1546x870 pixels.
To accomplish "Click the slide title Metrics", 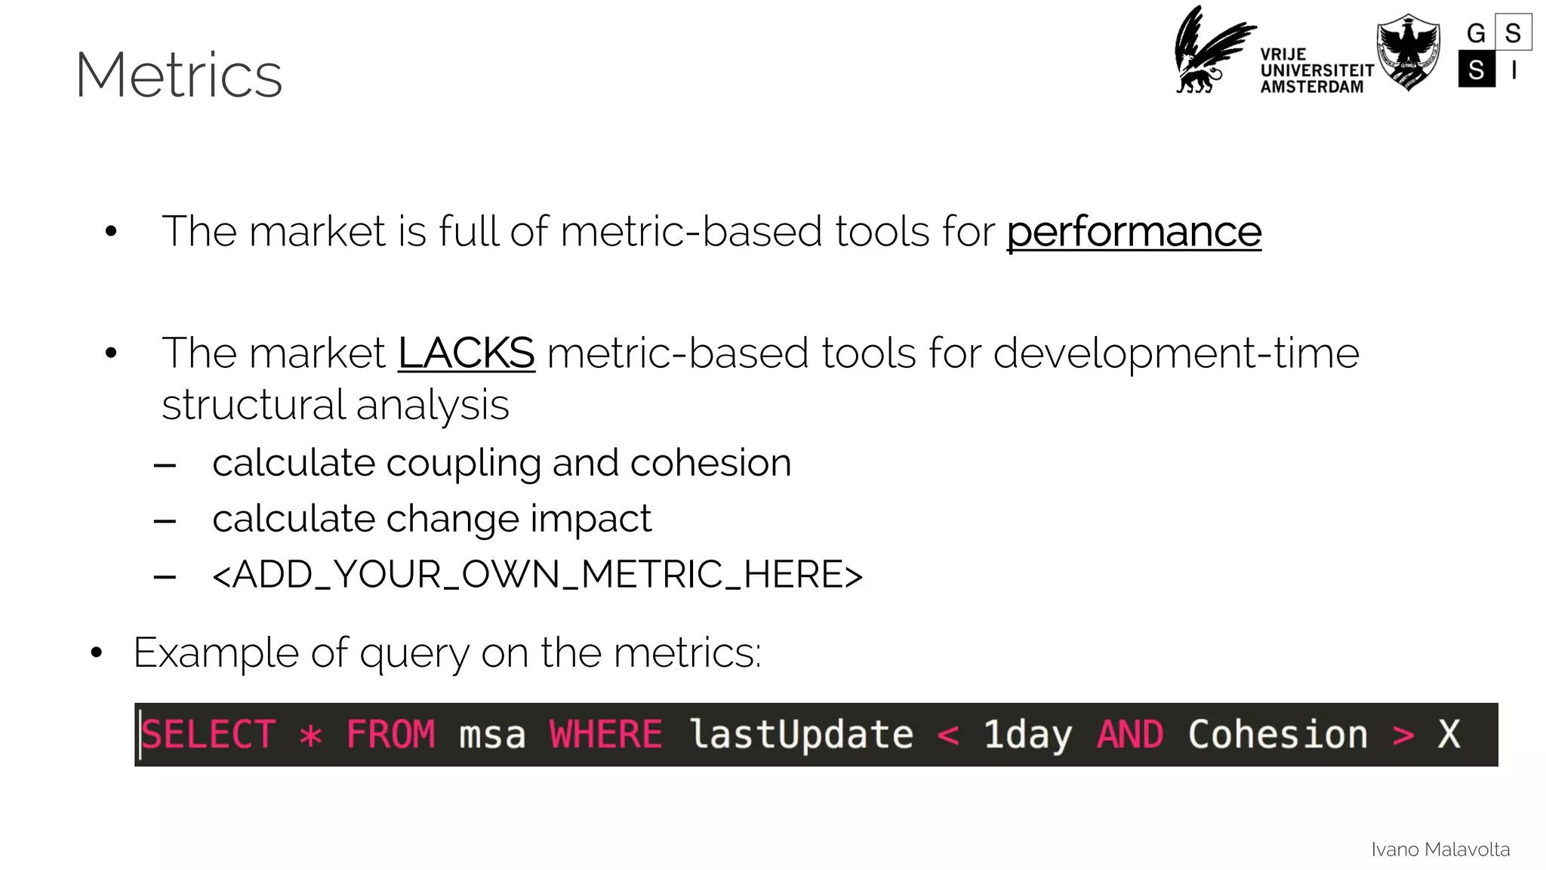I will [179, 75].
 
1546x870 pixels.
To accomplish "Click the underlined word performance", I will [1133, 232].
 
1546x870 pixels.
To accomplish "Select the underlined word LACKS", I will [466, 353].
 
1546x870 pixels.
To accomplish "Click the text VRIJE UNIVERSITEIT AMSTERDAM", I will [1316, 71].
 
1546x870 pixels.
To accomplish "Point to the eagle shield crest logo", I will [1408, 51].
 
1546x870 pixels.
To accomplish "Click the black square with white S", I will [1477, 69].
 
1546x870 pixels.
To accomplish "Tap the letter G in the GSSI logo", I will [1476, 33].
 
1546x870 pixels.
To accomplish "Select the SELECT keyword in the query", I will [208, 735].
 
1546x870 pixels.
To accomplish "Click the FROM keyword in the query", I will [390, 735].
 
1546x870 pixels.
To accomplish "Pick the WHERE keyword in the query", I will [605, 735].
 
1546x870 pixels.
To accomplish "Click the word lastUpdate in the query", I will [801, 735].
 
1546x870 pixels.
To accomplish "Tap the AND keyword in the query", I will [1129, 735].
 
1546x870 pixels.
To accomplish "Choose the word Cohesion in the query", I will [1277, 735].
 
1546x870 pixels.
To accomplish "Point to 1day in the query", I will [1027, 735].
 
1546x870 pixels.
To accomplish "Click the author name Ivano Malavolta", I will [1440, 850].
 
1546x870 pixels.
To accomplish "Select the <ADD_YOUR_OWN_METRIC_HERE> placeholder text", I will [537, 575].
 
